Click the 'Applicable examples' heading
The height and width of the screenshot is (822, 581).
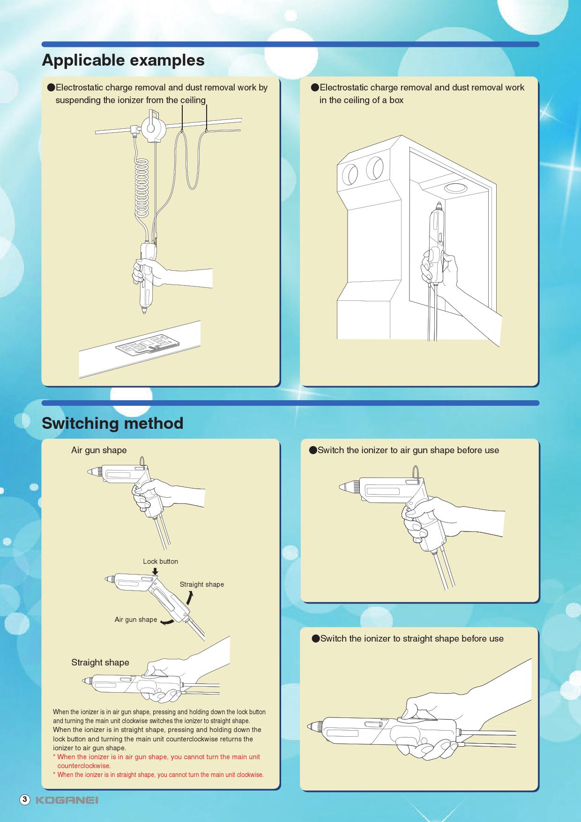pos(123,60)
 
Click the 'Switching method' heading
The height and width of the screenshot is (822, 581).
pos(112,423)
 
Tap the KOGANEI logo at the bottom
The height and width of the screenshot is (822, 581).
pos(67,800)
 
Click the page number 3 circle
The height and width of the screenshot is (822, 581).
pos(25,800)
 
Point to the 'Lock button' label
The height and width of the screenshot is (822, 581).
pos(160,561)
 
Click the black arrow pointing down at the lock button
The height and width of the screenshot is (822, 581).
pos(155,571)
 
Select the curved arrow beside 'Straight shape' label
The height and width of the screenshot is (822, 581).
pos(189,598)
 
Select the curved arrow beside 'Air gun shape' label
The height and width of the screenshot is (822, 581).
pos(167,622)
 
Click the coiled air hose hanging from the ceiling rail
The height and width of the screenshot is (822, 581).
pos(142,187)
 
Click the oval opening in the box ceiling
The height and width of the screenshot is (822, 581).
pos(455,188)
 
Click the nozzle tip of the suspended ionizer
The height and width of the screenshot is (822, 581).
pos(144,311)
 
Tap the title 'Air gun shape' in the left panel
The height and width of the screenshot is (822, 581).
pos(99,450)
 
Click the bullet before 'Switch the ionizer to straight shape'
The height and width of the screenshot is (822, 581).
pos(316,639)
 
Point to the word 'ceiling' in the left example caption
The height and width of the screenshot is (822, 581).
pos(193,100)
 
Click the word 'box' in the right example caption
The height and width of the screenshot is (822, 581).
pos(396,100)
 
